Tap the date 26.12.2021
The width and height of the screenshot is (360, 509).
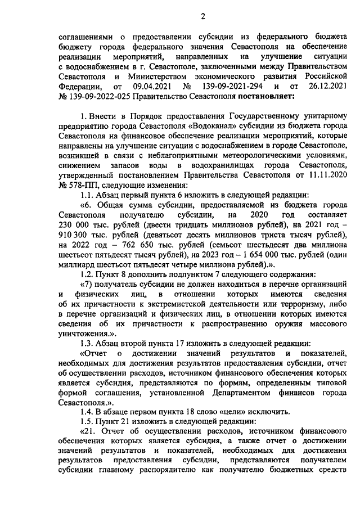pos(321,87)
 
